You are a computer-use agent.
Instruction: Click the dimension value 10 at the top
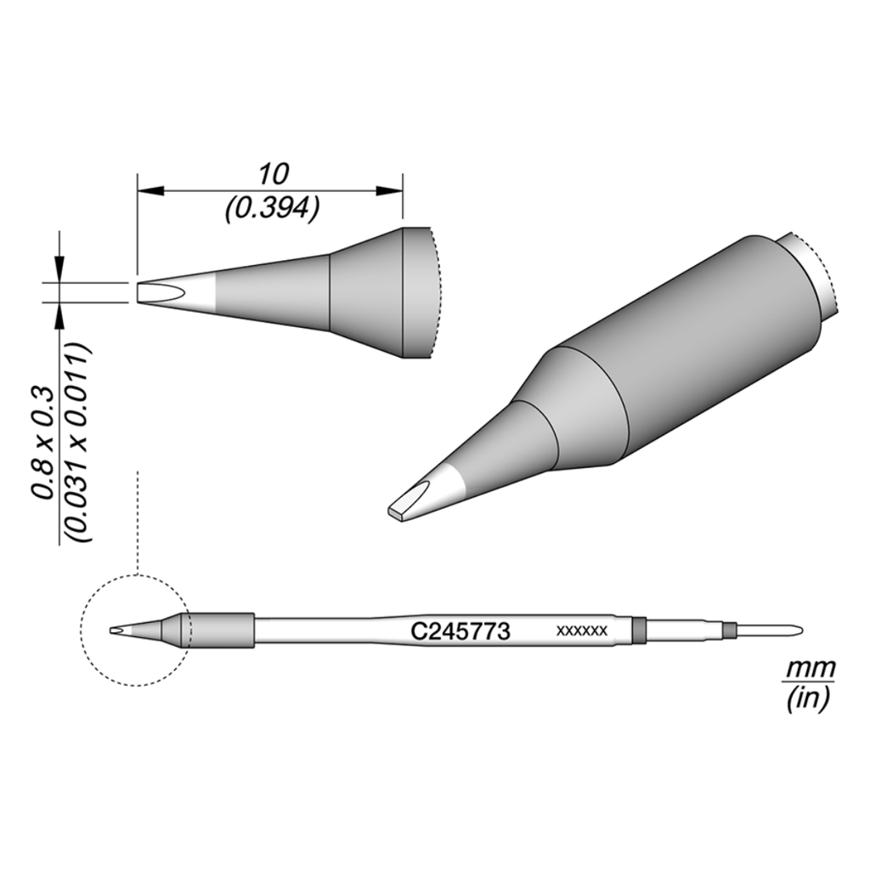pyautogui.click(x=274, y=174)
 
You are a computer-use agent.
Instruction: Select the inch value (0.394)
pyautogui.click(x=272, y=208)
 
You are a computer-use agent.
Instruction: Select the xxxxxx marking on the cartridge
pyautogui.click(x=580, y=631)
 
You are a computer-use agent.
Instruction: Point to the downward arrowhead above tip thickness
pyautogui.click(x=59, y=270)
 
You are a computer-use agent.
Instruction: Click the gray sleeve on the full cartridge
pyautogui.click(x=221, y=630)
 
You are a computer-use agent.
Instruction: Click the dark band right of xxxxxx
pyautogui.click(x=640, y=630)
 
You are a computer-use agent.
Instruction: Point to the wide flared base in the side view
pyautogui.click(x=382, y=293)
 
